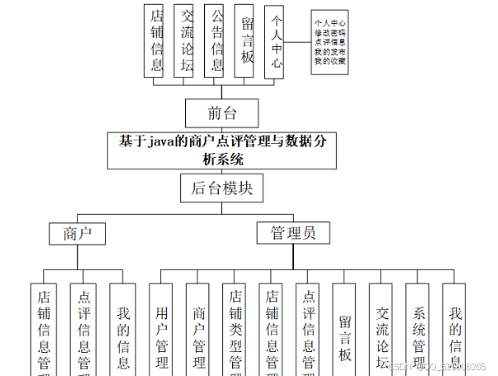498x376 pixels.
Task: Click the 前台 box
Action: pyautogui.click(x=210, y=111)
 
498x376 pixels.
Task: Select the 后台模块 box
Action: pyautogui.click(x=221, y=188)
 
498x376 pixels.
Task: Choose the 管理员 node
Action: pyautogui.click(x=292, y=233)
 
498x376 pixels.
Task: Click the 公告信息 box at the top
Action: pyautogui.click(x=215, y=40)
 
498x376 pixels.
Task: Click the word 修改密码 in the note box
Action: pyautogui.click(x=330, y=34)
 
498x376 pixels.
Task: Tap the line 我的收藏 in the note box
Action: pyautogui.click(x=330, y=61)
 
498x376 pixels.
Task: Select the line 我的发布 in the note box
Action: pyautogui.click(x=330, y=52)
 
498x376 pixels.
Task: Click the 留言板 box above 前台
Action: pyautogui.click(x=245, y=41)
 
